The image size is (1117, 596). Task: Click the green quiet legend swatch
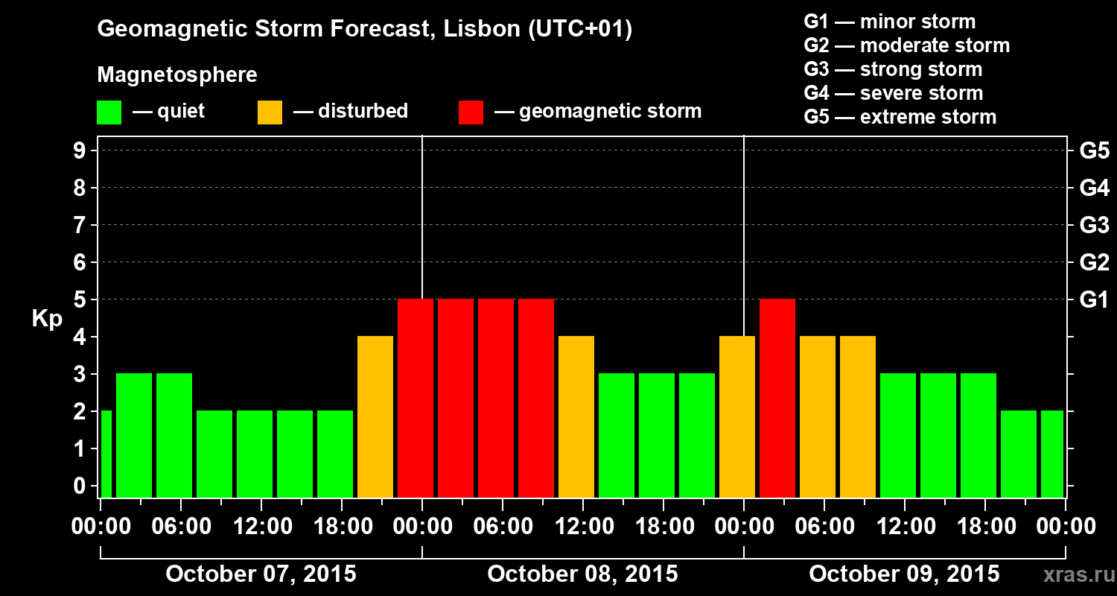click(x=109, y=112)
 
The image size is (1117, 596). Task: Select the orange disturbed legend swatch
click(x=270, y=112)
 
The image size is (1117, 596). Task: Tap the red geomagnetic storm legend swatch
click(x=471, y=112)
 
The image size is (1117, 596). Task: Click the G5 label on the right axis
click(x=1094, y=151)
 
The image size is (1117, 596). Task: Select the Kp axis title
click(x=47, y=319)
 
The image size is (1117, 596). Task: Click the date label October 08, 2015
click(x=582, y=574)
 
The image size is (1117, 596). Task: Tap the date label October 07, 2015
click(x=261, y=574)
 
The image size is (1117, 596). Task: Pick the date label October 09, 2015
click(x=904, y=574)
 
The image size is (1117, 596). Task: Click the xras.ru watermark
click(x=1075, y=575)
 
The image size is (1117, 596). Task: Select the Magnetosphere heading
click(x=177, y=75)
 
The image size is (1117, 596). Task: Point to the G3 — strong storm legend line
click(x=893, y=69)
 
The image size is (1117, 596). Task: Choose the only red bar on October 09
click(x=777, y=398)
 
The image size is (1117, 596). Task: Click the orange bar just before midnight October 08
click(x=737, y=416)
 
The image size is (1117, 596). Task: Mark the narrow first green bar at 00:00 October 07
click(x=106, y=454)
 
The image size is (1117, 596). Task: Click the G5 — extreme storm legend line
click(x=900, y=117)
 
